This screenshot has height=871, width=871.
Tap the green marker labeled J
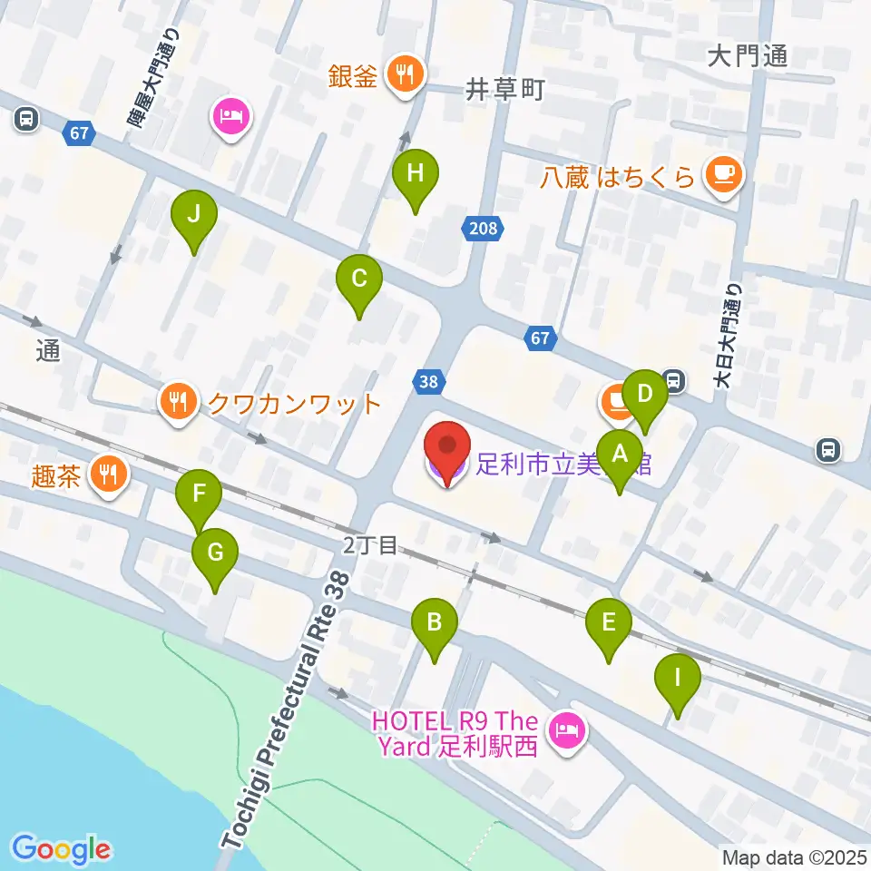192,216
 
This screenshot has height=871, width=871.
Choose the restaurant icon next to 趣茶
109,475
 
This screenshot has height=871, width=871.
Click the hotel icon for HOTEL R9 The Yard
568,729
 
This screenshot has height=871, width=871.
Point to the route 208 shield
484,228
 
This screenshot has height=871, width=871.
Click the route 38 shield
428,382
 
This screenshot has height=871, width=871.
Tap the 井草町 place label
504,89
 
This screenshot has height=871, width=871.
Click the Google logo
62,848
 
